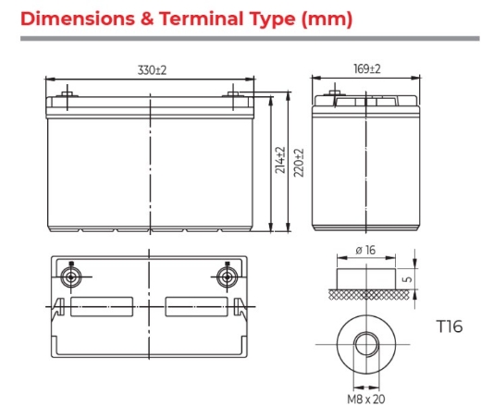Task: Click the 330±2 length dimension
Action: coord(152,70)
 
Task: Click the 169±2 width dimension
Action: coord(367,68)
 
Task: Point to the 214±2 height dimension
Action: coord(280,160)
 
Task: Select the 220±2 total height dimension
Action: coord(299,163)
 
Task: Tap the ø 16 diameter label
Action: coord(365,250)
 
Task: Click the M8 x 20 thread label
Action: coord(366,400)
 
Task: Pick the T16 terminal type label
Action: coord(450,326)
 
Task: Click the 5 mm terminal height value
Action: coord(407,279)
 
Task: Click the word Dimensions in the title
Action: coord(78,18)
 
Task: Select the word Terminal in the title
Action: coord(201,18)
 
